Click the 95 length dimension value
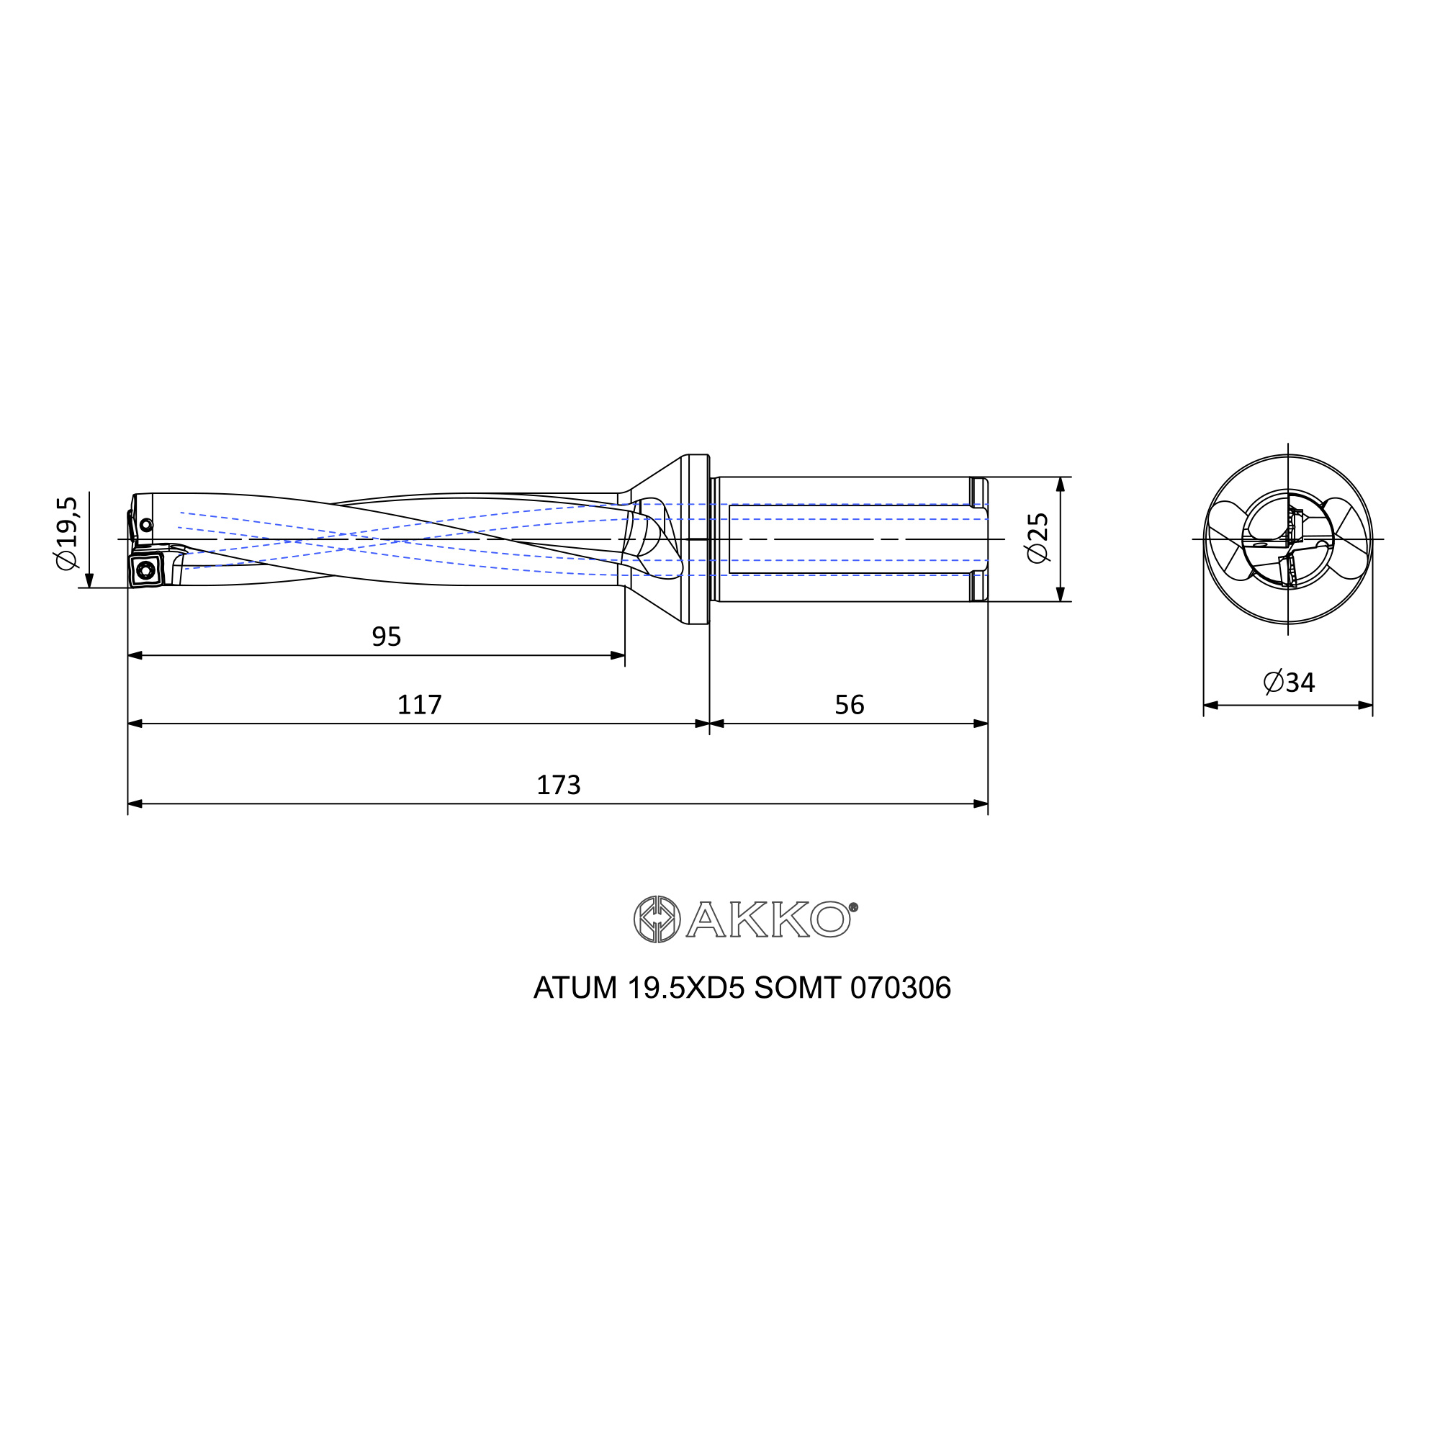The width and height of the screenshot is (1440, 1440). [386, 636]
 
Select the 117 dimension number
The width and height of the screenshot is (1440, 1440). [419, 704]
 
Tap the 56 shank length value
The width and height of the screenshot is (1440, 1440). [849, 704]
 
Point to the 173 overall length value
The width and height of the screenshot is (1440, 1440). [558, 785]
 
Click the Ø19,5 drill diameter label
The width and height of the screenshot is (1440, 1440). [66, 533]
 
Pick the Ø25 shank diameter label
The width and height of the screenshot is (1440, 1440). [1038, 538]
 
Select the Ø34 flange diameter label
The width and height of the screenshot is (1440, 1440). [1289, 682]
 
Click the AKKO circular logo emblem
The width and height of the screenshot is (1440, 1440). [657, 919]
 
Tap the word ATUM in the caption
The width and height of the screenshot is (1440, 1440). [575, 989]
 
